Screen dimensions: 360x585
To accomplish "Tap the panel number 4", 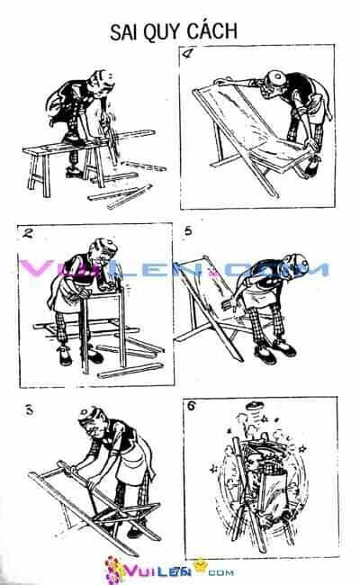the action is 187,53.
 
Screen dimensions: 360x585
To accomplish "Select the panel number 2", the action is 28,233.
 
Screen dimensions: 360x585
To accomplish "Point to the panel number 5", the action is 188,231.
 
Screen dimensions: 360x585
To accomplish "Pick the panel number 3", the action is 29,410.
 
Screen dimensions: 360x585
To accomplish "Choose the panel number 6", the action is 192,406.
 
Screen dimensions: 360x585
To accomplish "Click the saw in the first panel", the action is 110,137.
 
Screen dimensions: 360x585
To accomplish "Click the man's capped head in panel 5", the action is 294,265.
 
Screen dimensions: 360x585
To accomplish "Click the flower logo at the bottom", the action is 114,570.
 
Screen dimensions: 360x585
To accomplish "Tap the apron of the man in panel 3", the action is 130,463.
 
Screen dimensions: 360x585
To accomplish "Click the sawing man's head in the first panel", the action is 101,83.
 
